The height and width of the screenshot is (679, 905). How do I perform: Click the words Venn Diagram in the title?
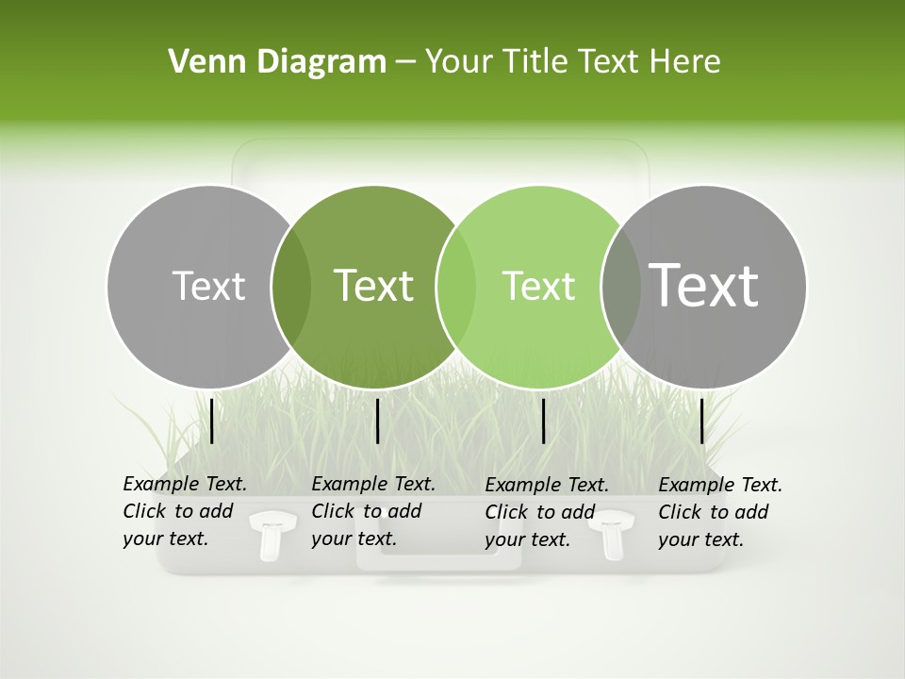tap(277, 61)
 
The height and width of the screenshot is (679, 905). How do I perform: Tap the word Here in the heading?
tap(685, 61)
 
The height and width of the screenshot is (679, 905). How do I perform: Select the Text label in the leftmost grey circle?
tap(208, 286)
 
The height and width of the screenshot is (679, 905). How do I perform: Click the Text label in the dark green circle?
tap(374, 286)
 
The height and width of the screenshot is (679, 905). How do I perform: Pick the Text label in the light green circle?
tap(538, 286)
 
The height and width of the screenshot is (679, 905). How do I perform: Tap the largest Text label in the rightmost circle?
tap(704, 286)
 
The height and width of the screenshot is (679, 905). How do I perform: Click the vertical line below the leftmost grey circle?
tap(212, 421)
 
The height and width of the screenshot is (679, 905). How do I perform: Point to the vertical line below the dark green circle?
tap(377, 421)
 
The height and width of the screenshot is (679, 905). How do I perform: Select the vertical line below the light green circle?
tap(544, 421)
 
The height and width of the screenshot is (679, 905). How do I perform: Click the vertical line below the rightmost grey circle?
tap(702, 421)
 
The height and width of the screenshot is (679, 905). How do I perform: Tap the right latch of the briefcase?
tap(616, 535)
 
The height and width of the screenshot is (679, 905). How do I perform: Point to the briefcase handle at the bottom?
tap(438, 560)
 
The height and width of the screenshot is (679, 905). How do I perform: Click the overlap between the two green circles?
tap(456, 286)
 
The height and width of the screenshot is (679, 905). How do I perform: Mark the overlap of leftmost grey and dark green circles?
tap(291, 286)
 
